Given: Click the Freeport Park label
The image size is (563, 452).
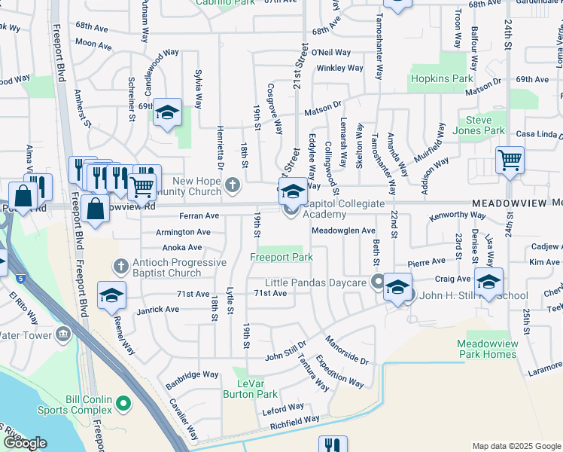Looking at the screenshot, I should (281, 257).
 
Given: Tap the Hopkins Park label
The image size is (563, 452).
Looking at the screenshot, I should (442, 78).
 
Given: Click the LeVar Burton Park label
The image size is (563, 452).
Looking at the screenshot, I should (251, 388).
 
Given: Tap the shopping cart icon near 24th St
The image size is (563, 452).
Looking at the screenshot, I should (510, 160).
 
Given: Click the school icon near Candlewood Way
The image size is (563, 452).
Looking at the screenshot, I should (167, 112).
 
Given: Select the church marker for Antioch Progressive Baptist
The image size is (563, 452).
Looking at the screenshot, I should (120, 266).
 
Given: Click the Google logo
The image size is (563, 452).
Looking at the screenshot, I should (25, 443).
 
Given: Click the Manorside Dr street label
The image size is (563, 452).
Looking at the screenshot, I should (347, 351).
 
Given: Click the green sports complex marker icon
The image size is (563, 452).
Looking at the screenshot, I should (124, 408).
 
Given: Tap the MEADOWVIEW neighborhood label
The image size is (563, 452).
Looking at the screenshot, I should (509, 204).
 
